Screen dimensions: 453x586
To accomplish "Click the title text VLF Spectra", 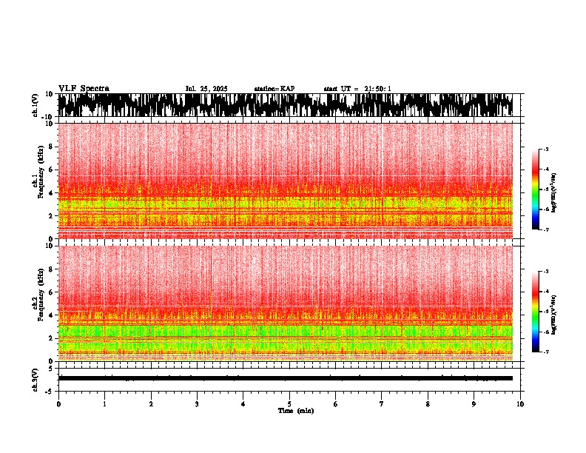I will [84, 88].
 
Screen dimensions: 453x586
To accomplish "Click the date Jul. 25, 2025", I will [206, 89].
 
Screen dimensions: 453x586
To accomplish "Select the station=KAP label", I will [275, 89].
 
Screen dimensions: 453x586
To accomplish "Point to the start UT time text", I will [357, 89].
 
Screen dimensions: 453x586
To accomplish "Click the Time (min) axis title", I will [295, 410].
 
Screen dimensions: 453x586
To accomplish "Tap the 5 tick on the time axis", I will [289, 404].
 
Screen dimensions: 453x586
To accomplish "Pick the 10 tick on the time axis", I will [520, 404].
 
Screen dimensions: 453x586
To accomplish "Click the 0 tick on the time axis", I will [58, 404].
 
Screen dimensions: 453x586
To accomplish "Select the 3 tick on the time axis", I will [197, 404].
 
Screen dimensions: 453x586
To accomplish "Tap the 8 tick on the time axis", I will [428, 404].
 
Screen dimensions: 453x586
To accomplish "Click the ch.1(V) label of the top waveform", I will [35, 105].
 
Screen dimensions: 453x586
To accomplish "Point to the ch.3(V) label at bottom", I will [35, 378].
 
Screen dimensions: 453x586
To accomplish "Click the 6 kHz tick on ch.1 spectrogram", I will [50, 170].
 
